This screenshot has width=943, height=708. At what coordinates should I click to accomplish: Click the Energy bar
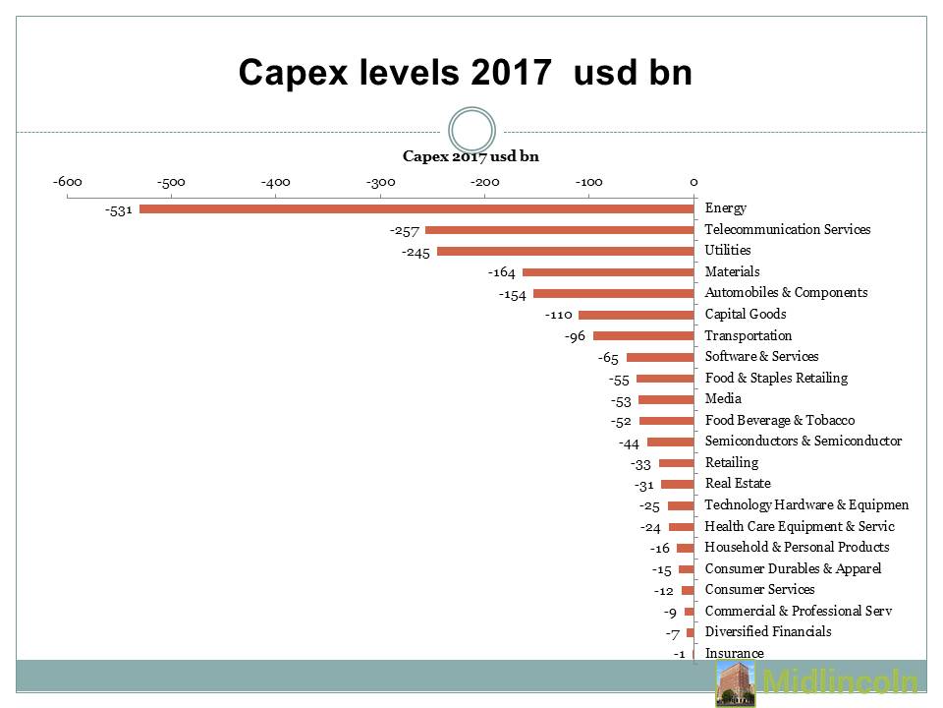point(416,208)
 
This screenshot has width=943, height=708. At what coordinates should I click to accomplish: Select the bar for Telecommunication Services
point(559,230)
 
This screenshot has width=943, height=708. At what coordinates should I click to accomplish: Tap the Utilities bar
point(565,251)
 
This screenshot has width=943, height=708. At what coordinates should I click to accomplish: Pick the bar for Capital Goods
point(636,315)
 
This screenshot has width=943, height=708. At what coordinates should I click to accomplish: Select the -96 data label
point(575,336)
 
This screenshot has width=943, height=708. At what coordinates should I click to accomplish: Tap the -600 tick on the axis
point(67,182)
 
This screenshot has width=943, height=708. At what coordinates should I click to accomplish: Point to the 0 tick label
point(693,182)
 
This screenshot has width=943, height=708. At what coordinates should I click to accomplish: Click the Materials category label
point(732,272)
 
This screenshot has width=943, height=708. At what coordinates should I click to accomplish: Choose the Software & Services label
point(761,357)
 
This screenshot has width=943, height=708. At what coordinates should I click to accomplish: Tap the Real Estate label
point(738,484)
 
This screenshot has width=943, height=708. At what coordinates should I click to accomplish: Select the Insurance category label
point(734,654)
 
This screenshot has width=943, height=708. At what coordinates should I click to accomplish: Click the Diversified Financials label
point(768,632)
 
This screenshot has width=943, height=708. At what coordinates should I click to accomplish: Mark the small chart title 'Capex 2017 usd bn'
point(471,156)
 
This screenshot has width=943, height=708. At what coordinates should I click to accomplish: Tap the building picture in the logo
point(735,683)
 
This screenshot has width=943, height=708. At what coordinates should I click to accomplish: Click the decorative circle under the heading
point(471,131)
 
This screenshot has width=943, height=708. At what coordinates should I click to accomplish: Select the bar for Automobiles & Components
point(613,294)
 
